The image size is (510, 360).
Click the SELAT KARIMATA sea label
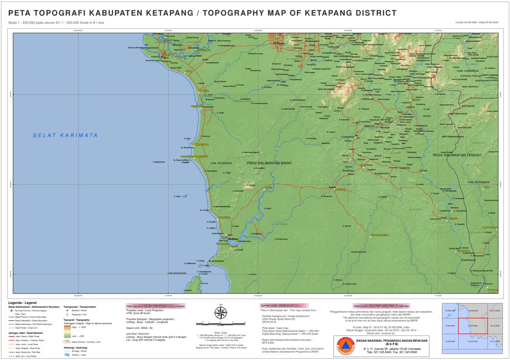tap(65, 135)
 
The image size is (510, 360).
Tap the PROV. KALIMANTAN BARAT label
tap(269, 163)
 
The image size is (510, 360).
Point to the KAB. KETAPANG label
tap(221, 163)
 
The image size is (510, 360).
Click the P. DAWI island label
tap(177, 196)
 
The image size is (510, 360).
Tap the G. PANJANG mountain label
tap(238, 191)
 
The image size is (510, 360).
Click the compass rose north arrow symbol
tap(220, 312)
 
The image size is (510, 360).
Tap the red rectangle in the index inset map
tap(473, 325)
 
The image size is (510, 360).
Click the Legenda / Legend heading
tap(22, 303)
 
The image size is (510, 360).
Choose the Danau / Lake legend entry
tap(77, 355)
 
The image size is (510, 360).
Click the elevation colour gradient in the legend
tap(67, 331)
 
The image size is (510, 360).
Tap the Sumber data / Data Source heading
tap(277, 306)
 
